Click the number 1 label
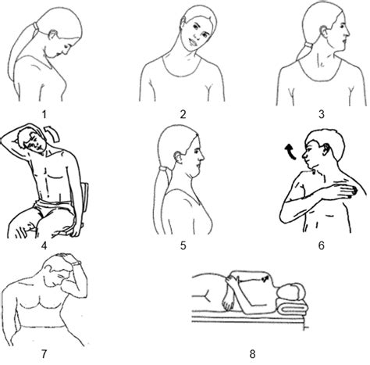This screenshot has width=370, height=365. click(44, 115)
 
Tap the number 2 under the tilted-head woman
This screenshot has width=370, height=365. click(182, 115)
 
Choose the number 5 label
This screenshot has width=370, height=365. click(182, 245)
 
